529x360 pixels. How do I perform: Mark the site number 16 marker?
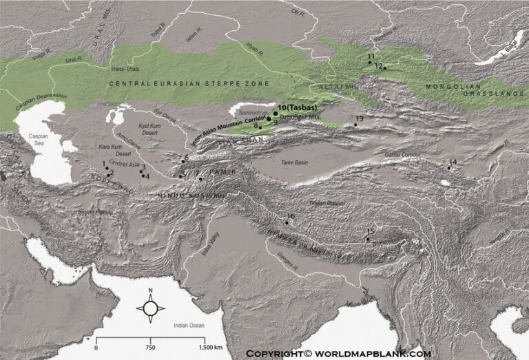[x=287, y=223]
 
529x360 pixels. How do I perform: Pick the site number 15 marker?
[x=368, y=239]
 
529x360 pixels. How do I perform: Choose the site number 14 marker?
[x=448, y=168]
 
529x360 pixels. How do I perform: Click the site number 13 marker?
[x=355, y=125]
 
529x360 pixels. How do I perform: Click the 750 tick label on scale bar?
[x=150, y=348]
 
